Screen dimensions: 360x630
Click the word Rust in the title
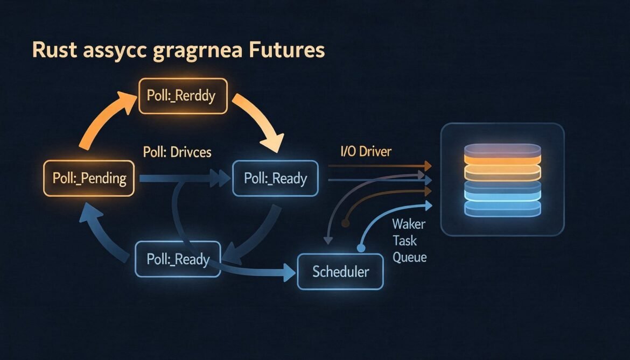tap(51, 50)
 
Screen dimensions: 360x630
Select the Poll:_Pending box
tap(88, 178)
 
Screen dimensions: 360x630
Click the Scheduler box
tap(340, 271)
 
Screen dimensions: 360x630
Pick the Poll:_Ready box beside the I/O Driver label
tap(275, 178)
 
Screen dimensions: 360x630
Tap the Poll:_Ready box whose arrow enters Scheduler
tap(178, 259)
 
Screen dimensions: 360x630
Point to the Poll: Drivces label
tap(177, 152)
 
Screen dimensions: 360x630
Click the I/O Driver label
tap(366, 152)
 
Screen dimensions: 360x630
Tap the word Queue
tap(409, 257)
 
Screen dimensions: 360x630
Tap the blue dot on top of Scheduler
tap(361, 248)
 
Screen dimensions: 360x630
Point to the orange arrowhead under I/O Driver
tap(428, 166)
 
